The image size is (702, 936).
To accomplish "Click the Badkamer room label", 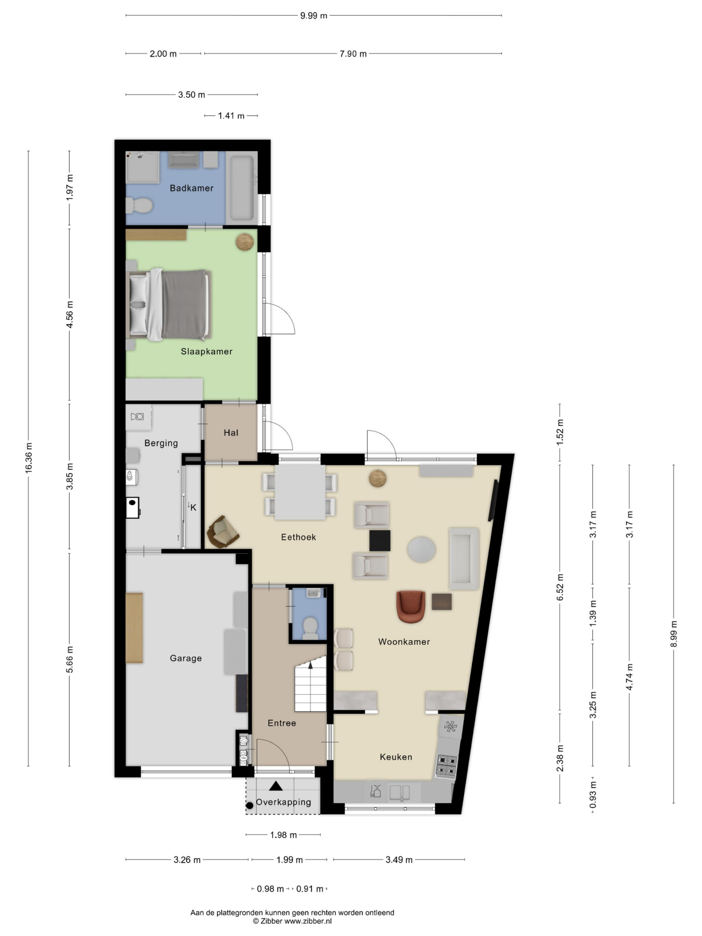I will [191, 188].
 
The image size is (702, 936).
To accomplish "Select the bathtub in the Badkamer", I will [242, 188].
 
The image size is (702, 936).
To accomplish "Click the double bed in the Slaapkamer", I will [171, 304].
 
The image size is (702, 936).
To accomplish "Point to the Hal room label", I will [231, 433].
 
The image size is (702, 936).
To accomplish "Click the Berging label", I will [161, 443].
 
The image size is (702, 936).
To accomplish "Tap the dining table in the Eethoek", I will [300, 492].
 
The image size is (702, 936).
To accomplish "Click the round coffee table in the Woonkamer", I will [421, 549].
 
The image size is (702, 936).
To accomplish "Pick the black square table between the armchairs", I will [380, 540].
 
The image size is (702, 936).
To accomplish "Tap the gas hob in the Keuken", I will [446, 766].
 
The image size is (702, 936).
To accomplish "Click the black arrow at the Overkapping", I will [276, 786].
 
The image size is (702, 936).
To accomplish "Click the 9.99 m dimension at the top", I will [314, 16].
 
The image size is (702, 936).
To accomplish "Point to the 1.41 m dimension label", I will [231, 116].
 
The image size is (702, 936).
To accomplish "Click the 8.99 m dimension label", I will [673, 634].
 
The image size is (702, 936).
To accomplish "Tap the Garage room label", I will [185, 658].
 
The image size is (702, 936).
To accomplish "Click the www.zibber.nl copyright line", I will [292, 921].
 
